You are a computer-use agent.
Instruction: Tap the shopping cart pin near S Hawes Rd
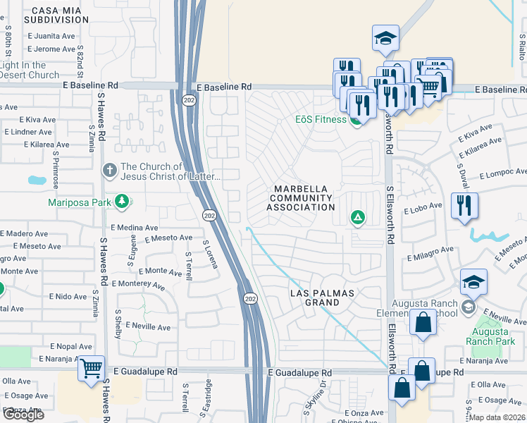pos(92,368)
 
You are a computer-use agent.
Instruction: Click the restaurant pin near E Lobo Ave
pos(464,206)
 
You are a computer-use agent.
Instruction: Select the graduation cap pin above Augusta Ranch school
pos(474,282)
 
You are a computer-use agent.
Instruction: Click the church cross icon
pos(109,170)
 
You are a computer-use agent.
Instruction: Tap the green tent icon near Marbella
pos(358,217)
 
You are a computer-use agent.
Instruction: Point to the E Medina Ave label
pos(135,228)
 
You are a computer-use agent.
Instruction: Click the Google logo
pos(23,415)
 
